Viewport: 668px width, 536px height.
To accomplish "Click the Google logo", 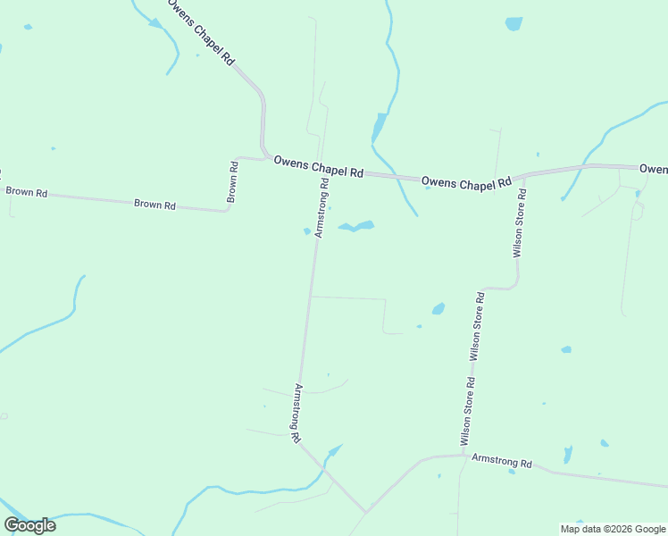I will click(x=30, y=525).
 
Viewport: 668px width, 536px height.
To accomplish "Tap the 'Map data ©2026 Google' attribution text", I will click(x=613, y=529).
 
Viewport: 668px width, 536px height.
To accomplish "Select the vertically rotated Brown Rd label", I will click(x=232, y=181).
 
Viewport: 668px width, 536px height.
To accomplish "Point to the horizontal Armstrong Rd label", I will click(x=501, y=462).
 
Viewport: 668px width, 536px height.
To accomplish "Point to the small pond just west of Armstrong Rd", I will click(x=307, y=231).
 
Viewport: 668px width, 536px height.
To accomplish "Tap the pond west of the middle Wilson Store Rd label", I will click(x=438, y=309).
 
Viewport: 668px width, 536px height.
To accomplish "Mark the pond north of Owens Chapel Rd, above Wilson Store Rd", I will click(x=514, y=23).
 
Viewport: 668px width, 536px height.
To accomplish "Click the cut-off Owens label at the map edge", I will click(x=654, y=168).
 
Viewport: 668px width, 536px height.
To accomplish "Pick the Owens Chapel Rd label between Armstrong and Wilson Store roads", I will click(x=466, y=181).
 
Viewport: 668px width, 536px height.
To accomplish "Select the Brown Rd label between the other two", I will click(x=154, y=204).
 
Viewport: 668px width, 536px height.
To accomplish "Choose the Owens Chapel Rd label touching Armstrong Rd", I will click(x=318, y=166).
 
